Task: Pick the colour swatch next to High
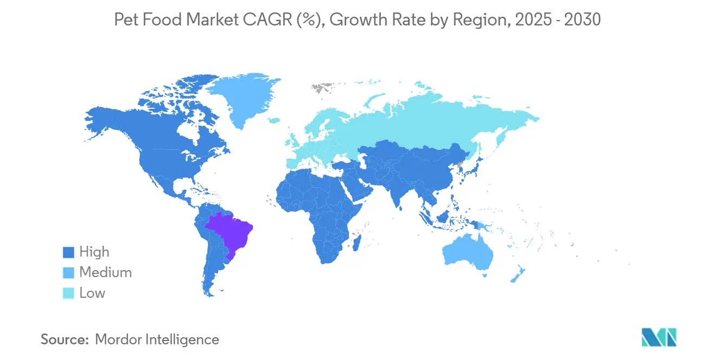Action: (x=68, y=252)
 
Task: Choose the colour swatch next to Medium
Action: (x=68, y=273)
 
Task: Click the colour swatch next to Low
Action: (x=68, y=293)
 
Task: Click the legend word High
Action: (x=94, y=252)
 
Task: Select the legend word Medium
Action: (x=105, y=273)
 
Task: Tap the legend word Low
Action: (x=92, y=293)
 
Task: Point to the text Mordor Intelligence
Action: (x=157, y=339)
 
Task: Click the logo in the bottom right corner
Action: (x=659, y=337)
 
